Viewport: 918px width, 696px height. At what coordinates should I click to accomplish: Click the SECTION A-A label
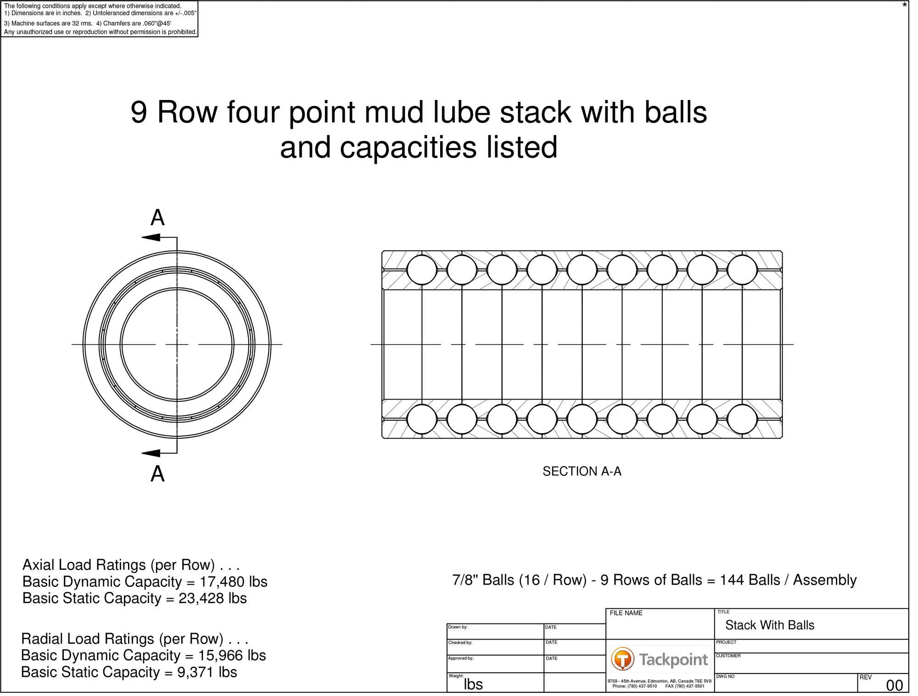coord(582,471)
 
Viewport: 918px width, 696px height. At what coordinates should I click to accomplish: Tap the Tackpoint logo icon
coord(622,659)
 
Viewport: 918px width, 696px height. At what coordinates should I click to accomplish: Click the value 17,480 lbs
coord(233,582)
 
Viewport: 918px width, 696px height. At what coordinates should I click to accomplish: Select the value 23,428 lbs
coord(213,598)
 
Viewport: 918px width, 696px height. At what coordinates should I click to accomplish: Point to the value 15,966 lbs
coord(232,655)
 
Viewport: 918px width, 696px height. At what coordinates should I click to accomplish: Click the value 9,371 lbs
coord(207,672)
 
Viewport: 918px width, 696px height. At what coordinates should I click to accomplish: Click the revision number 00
coord(894,685)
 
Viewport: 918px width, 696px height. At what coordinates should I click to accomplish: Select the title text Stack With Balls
coord(770,625)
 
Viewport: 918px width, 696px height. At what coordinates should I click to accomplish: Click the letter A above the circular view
coord(157,217)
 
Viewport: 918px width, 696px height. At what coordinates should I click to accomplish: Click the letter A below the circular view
coord(157,473)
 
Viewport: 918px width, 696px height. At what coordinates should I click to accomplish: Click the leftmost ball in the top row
coord(422,270)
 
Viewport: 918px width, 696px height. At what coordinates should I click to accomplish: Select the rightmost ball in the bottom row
coord(742,419)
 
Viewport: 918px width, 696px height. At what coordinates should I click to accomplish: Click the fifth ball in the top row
coord(582,270)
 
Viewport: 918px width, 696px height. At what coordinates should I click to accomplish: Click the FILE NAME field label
coord(626,613)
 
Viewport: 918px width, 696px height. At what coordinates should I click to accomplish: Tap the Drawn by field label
coord(458,627)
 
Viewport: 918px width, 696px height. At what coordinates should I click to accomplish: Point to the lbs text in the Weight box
coord(473,684)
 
